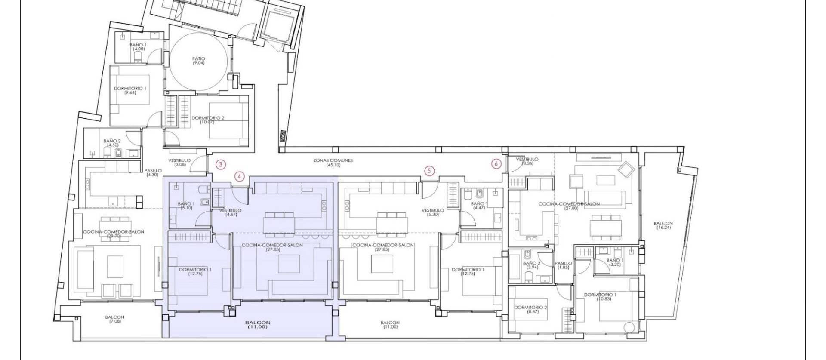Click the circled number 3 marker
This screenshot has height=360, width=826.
[x=221, y=164]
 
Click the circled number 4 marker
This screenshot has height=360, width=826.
[x=240, y=176]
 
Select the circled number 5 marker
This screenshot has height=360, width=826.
[x=429, y=171]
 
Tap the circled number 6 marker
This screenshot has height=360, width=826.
[x=496, y=163]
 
